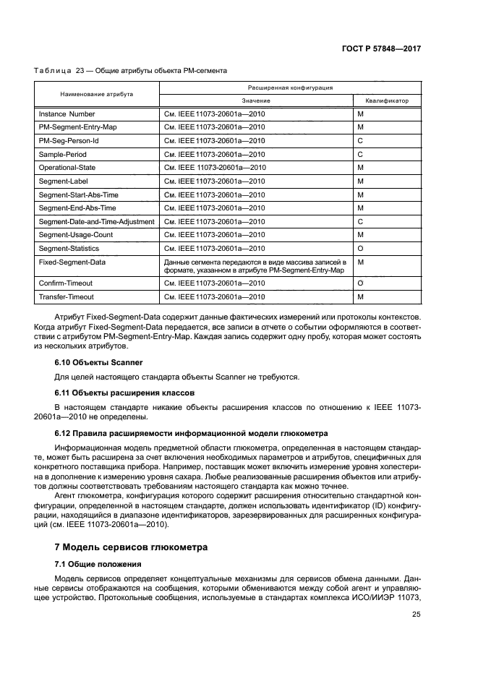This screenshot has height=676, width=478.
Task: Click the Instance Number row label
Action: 67,114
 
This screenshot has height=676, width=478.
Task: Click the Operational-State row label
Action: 67,168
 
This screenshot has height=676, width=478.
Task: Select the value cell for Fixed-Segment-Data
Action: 255,265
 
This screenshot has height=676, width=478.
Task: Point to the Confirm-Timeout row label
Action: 66,283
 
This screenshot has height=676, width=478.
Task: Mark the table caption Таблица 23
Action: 131,71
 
